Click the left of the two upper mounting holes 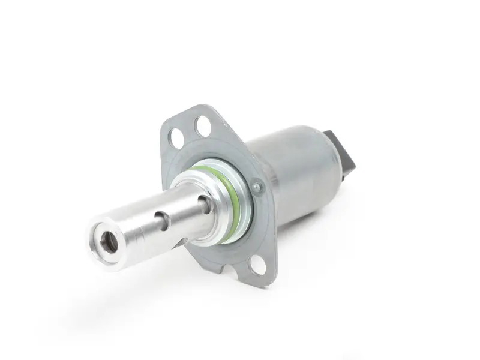(176, 137)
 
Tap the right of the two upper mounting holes (203, 126)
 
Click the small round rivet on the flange (257, 187)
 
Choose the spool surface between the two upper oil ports (184, 210)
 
